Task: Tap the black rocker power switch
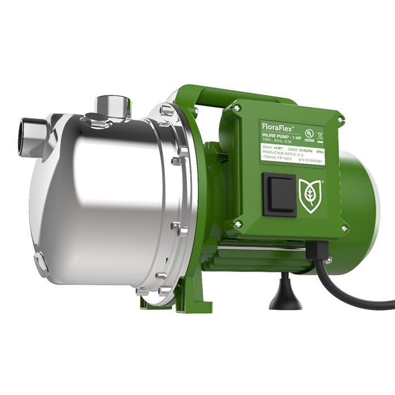279,194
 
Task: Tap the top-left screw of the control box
238,107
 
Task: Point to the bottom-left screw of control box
238,223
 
